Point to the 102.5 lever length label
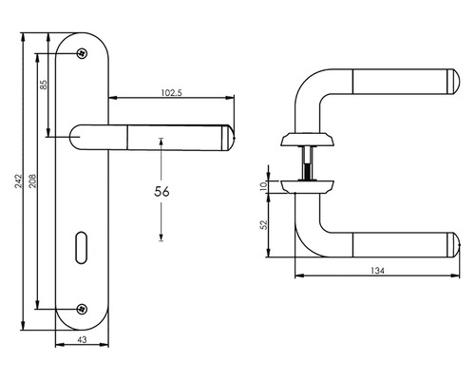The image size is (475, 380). point(171,92)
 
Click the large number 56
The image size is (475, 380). point(161,191)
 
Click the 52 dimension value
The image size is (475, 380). point(264,224)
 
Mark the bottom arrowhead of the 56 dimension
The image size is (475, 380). point(161,237)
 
